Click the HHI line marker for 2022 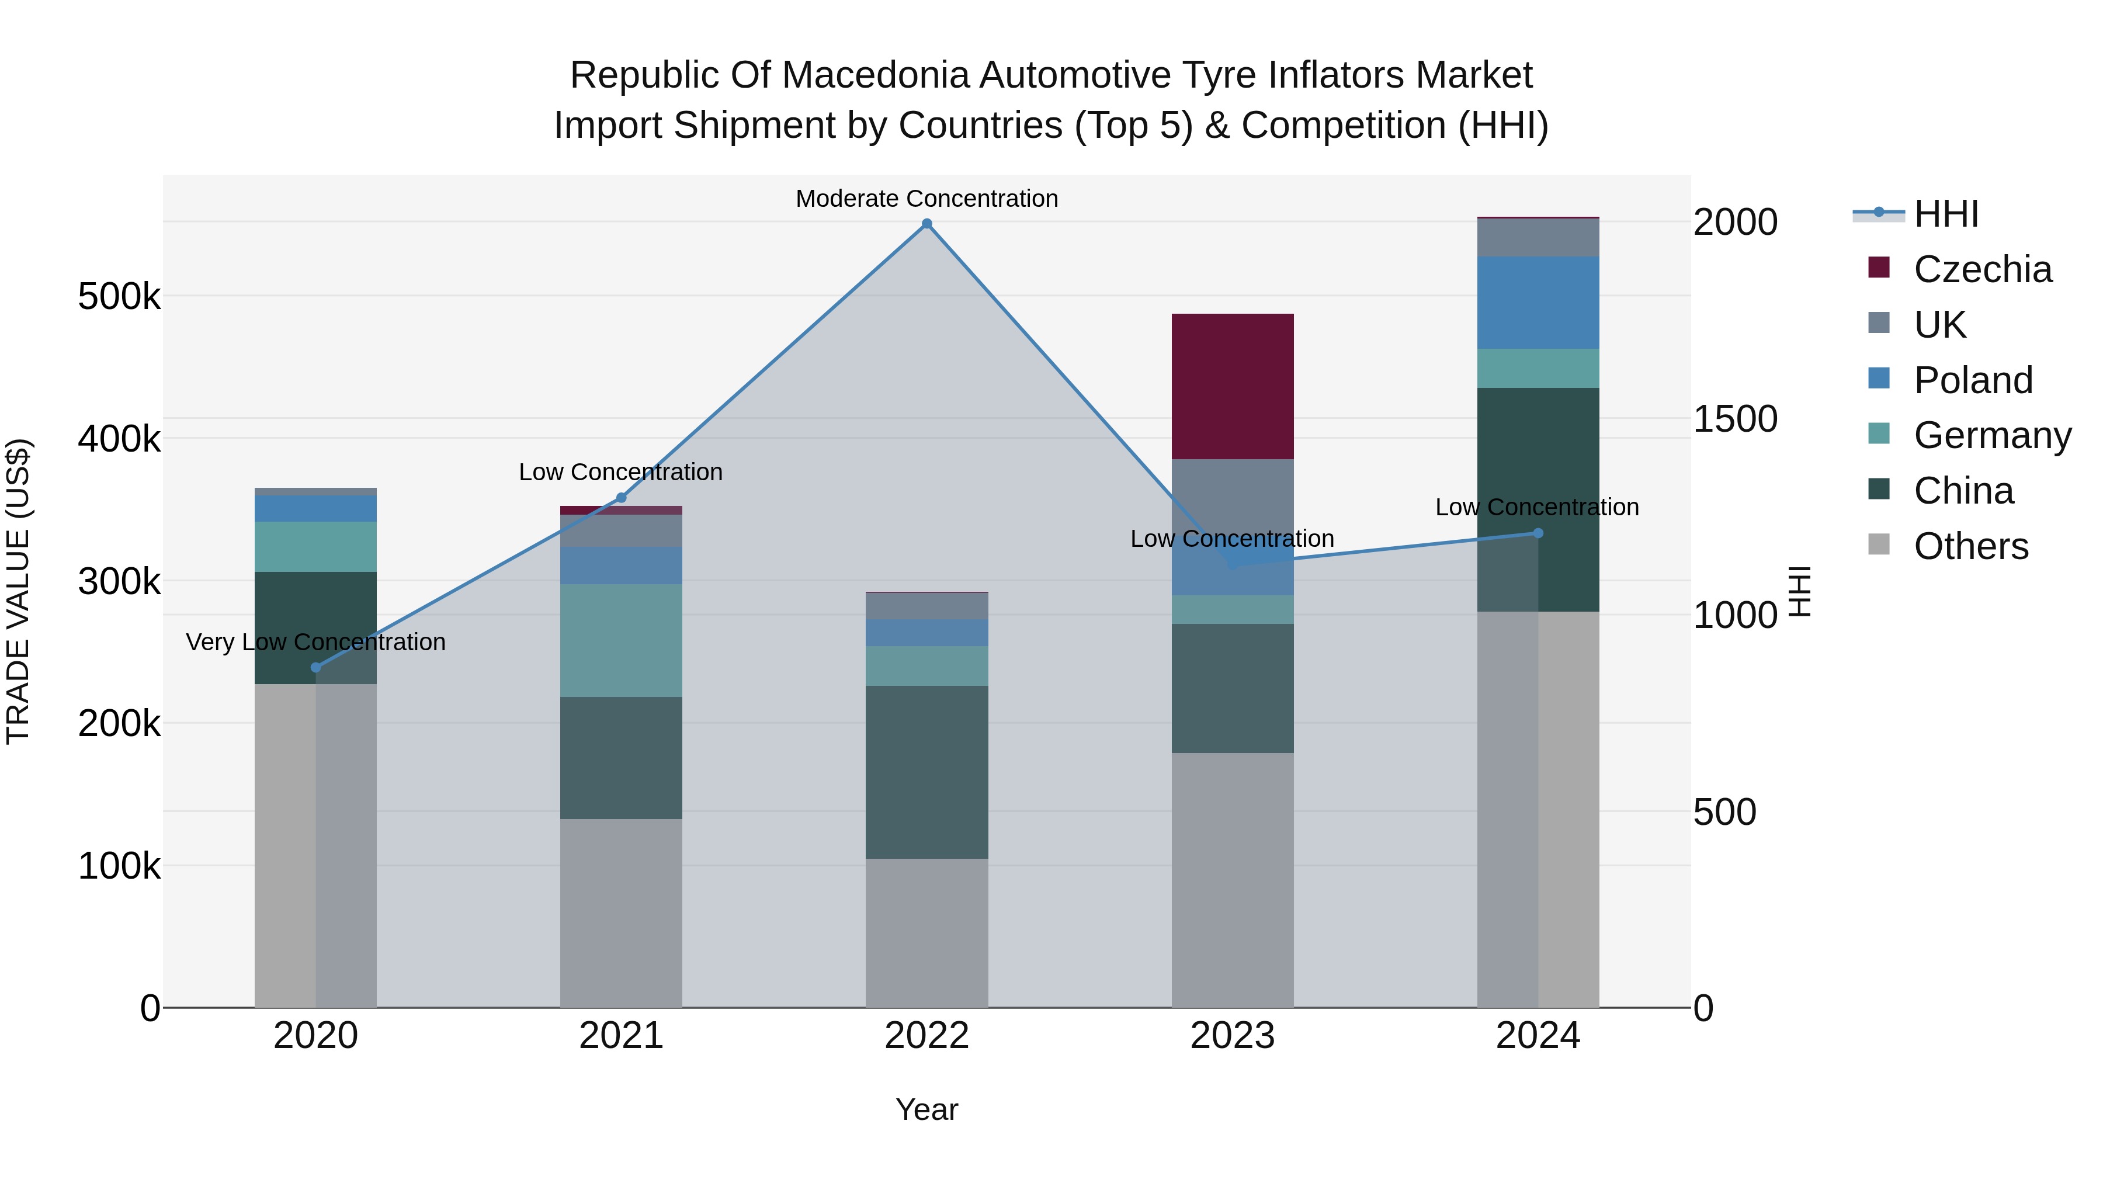click(926, 224)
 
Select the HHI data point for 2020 click(316, 668)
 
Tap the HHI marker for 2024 click(1538, 533)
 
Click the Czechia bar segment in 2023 click(1233, 386)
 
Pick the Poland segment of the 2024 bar click(1538, 303)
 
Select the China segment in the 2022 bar click(926, 772)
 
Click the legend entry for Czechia click(1981, 269)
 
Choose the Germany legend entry click(1991, 435)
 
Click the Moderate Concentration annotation click(926, 199)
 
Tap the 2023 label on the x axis click(1233, 1036)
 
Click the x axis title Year click(926, 1109)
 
